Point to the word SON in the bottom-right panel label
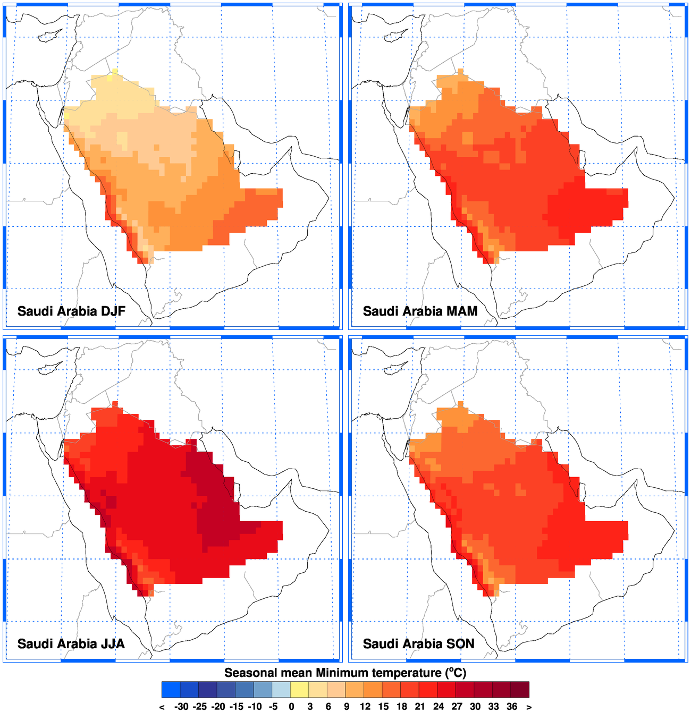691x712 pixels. [461, 644]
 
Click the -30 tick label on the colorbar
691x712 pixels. [181, 707]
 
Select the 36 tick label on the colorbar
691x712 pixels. [512, 707]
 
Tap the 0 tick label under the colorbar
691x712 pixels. [291, 707]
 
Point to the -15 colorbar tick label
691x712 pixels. [237, 707]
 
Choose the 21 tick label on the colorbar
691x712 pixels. [420, 707]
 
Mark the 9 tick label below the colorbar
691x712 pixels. [347, 707]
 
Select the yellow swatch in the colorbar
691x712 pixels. [300, 689]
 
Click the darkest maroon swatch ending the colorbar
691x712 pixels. [520, 689]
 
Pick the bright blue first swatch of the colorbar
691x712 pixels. [171, 689]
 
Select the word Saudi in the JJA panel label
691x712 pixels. [37, 644]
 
